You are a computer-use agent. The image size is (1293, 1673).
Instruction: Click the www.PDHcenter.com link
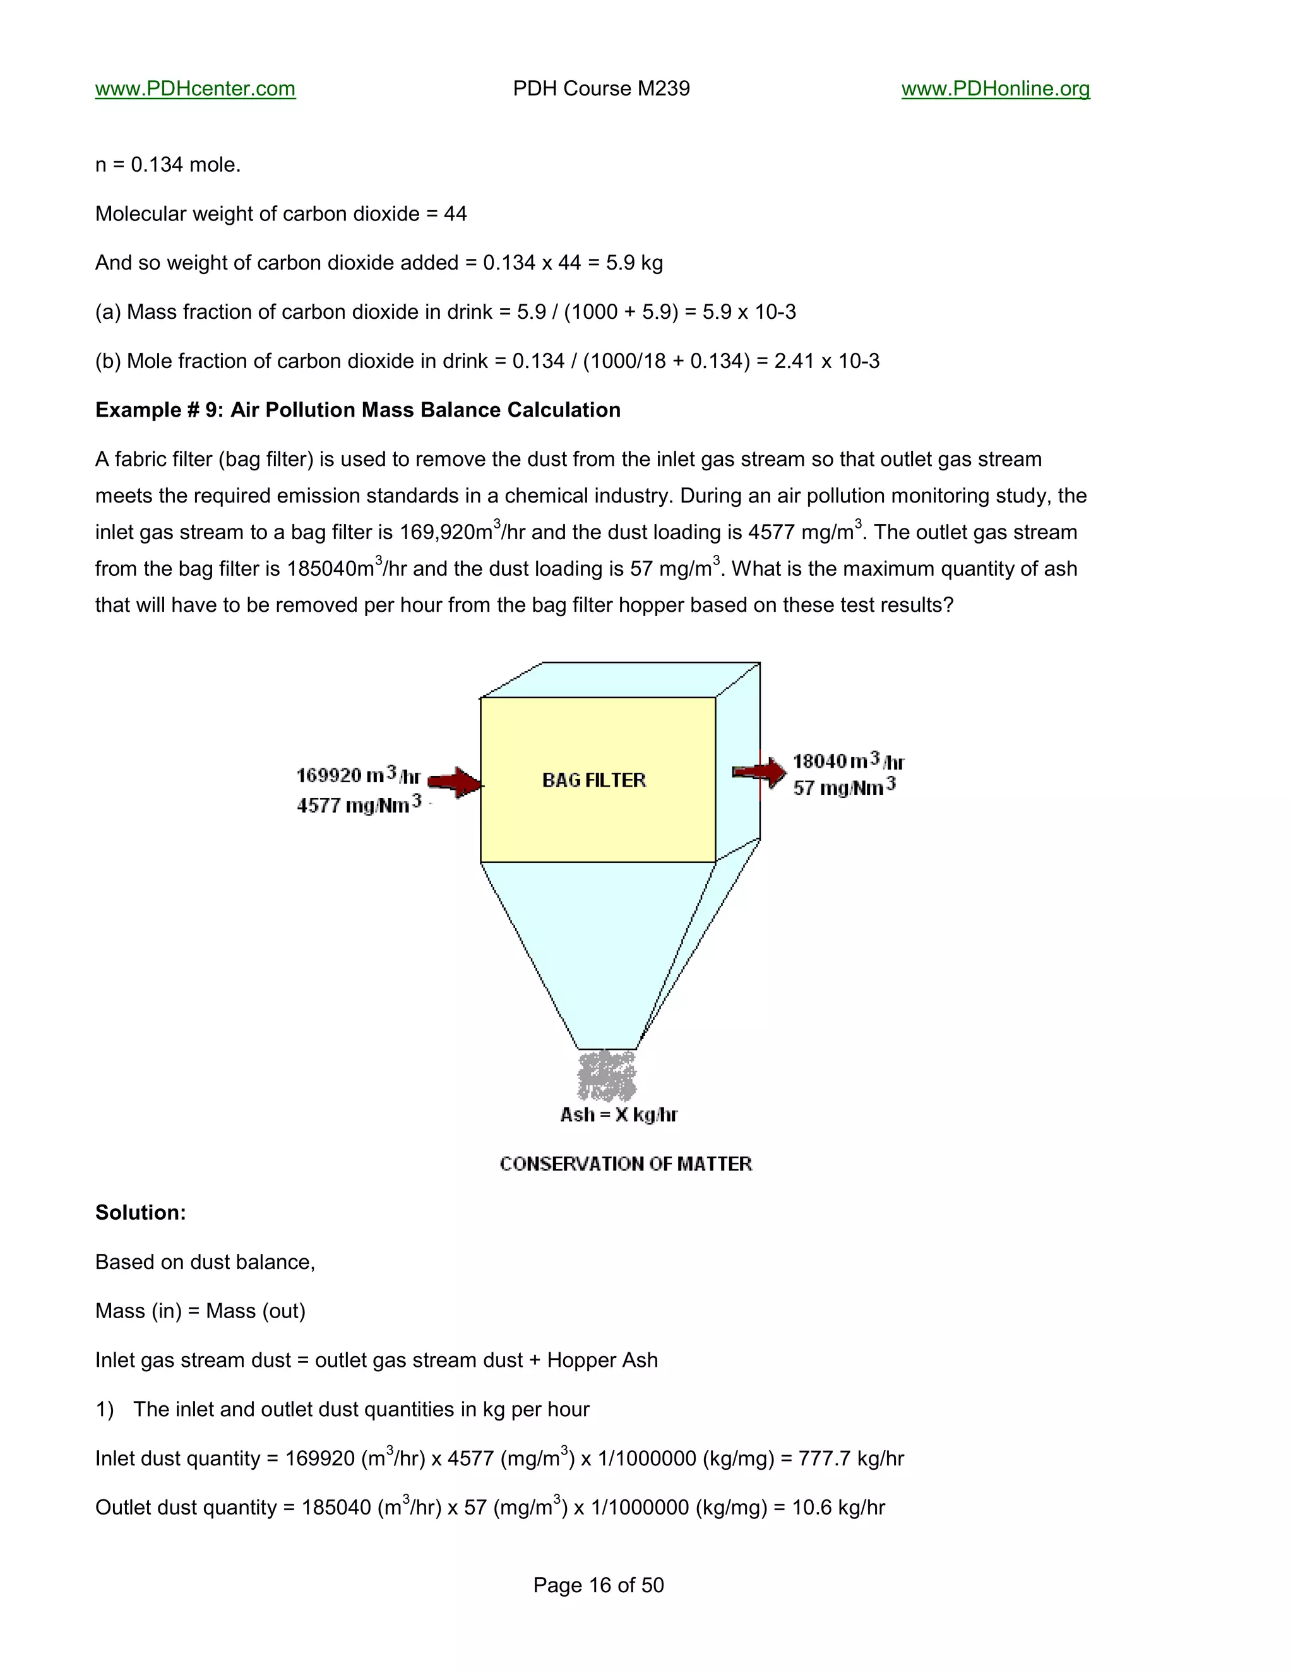(194, 89)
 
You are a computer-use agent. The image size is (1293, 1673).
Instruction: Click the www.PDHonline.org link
(995, 89)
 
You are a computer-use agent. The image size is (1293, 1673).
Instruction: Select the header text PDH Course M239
(601, 89)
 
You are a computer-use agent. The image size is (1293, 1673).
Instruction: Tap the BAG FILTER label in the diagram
(593, 780)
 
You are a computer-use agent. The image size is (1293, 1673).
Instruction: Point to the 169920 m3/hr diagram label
(358, 775)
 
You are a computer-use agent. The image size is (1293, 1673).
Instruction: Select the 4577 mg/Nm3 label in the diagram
(359, 804)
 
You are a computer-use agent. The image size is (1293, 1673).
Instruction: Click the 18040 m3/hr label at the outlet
(848, 761)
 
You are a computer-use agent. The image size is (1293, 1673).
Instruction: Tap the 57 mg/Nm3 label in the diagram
(844, 787)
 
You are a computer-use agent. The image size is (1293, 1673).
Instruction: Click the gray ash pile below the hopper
(607, 1076)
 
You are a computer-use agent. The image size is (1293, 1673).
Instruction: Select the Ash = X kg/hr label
(618, 1114)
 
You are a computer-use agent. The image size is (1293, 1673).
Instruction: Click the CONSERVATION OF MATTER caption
(625, 1164)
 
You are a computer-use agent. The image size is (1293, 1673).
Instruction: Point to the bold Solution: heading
(140, 1213)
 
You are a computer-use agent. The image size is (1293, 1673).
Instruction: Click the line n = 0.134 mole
(168, 165)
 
